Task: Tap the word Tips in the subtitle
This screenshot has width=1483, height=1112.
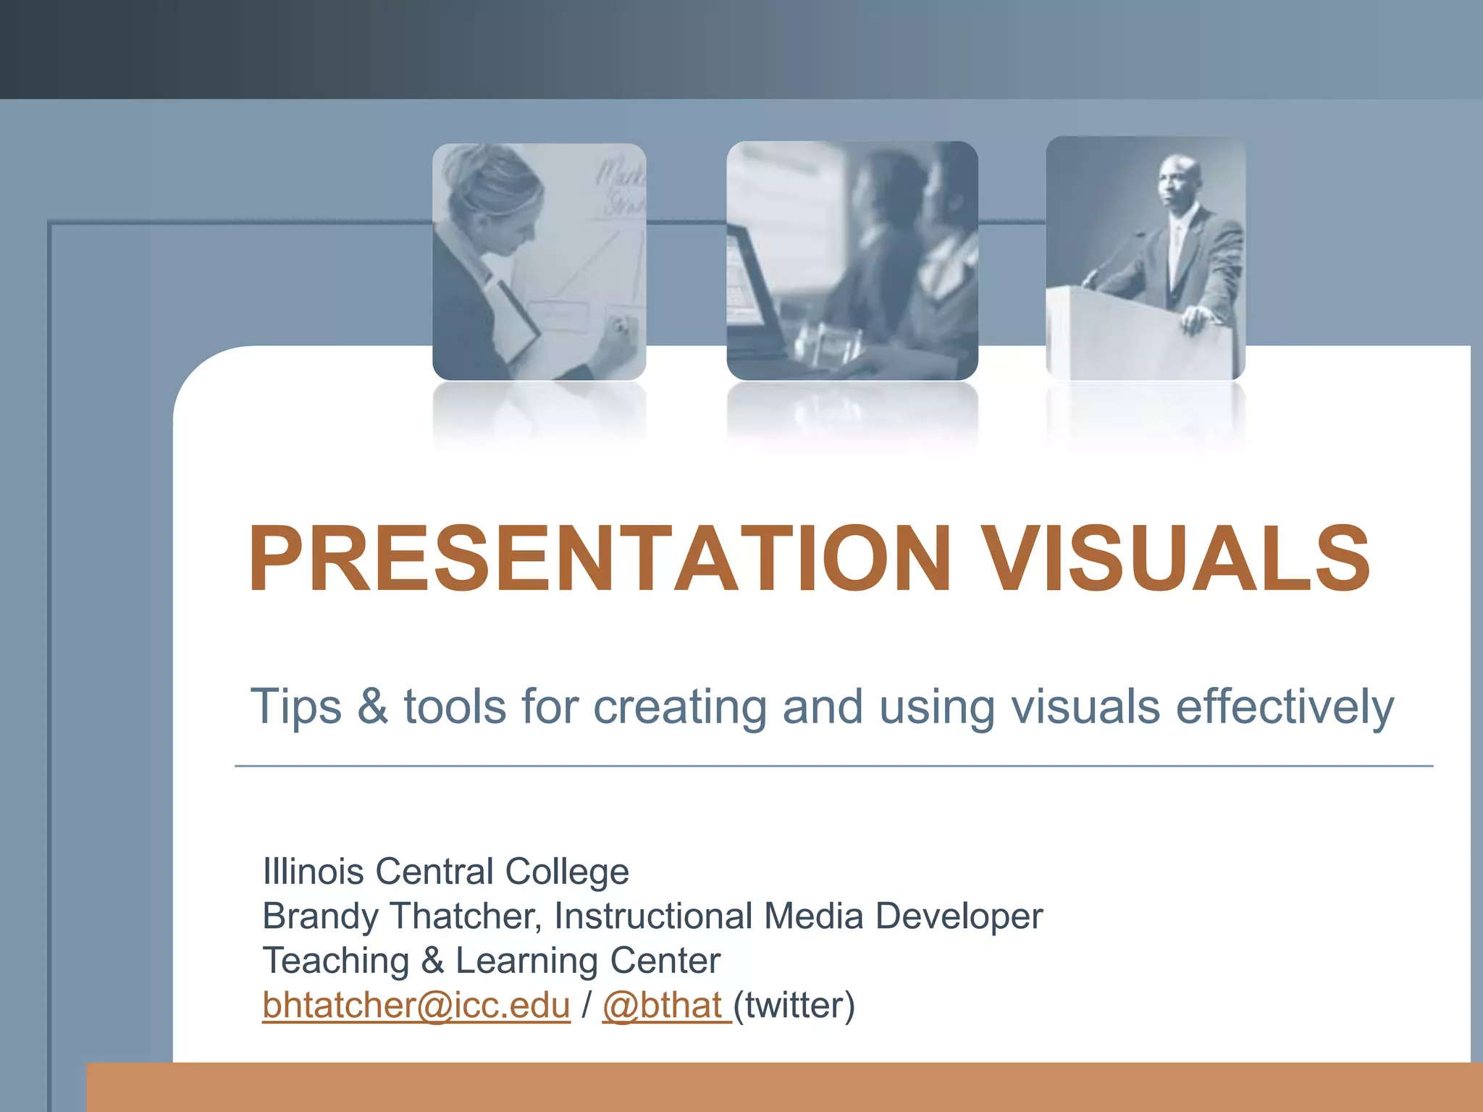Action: tap(295, 707)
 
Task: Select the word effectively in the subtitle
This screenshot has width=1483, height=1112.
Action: tap(1285, 707)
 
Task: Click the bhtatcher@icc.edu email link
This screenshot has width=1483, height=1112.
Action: tap(416, 1006)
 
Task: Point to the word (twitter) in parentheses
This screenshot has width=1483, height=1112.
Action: tap(794, 1006)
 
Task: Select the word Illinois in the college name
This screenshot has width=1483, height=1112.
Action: tap(313, 871)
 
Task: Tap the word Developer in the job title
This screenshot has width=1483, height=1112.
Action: tap(959, 917)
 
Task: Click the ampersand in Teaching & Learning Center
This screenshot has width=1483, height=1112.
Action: tap(432, 961)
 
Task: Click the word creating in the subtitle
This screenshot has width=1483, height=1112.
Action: tap(679, 707)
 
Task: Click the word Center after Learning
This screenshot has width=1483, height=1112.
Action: tap(665, 961)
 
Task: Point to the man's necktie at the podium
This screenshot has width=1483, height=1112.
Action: tap(1177, 246)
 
